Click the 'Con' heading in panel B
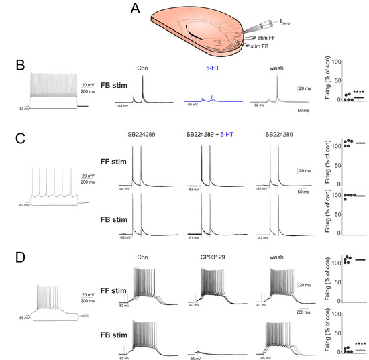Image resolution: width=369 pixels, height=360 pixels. (142, 68)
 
